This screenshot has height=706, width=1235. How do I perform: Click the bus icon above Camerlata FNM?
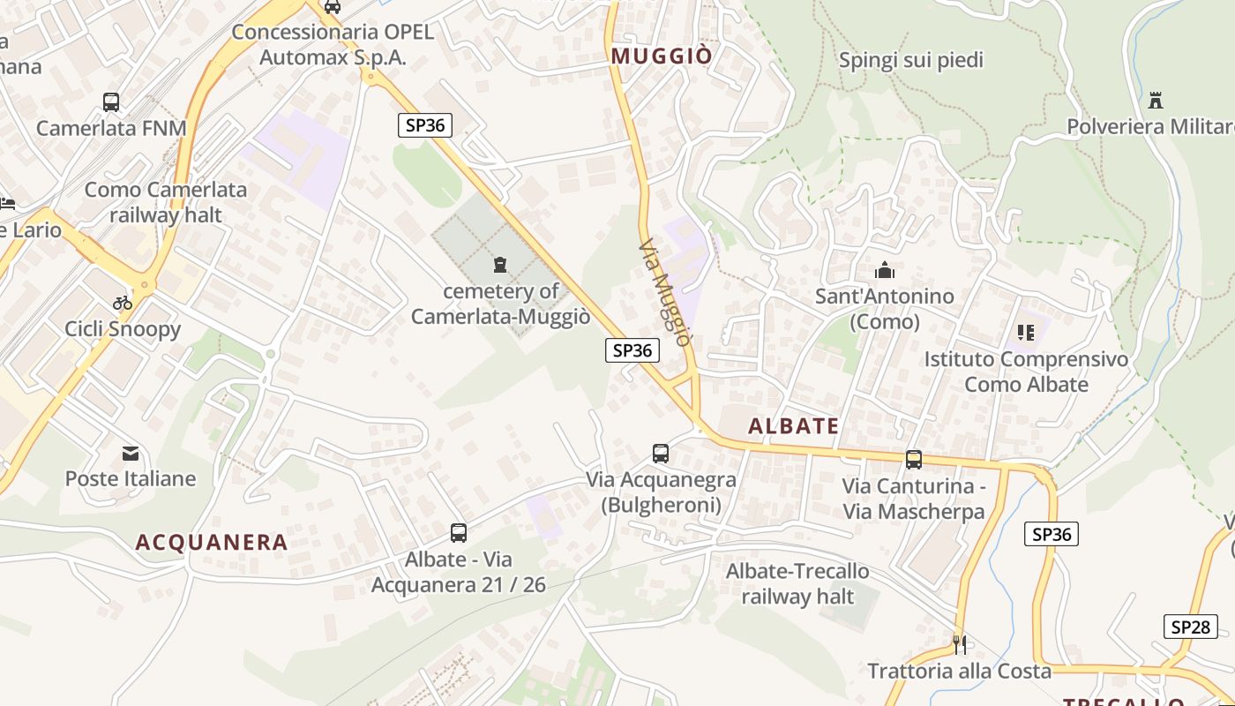(x=111, y=102)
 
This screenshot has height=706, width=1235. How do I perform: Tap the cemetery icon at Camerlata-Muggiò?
(x=501, y=264)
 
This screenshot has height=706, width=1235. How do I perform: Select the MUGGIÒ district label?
(x=662, y=56)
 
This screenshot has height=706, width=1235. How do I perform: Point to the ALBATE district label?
(x=794, y=426)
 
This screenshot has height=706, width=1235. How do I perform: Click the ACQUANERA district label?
(x=212, y=543)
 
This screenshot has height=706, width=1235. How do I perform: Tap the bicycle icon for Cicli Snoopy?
(x=123, y=303)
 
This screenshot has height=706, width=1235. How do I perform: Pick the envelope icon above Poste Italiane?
(x=131, y=454)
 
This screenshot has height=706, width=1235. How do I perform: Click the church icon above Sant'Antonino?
(x=884, y=270)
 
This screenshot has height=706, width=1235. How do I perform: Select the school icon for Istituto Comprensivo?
(x=1025, y=333)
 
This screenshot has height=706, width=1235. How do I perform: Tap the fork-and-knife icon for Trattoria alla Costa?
(x=960, y=644)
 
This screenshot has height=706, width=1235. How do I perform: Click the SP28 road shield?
(x=1190, y=627)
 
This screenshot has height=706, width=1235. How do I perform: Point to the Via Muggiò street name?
(x=663, y=291)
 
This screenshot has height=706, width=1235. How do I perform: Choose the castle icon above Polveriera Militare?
(x=1156, y=100)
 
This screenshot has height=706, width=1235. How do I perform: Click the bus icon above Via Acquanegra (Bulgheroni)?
(x=661, y=454)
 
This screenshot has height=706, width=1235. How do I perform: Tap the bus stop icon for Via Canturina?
(x=914, y=460)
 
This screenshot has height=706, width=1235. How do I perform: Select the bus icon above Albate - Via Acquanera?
(x=459, y=532)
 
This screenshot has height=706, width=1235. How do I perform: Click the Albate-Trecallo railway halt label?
(x=797, y=583)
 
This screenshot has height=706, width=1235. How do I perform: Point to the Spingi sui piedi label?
(x=911, y=60)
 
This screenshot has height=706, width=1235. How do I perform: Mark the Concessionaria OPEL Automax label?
(x=333, y=45)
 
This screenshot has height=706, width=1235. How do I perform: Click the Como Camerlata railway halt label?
(x=166, y=202)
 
